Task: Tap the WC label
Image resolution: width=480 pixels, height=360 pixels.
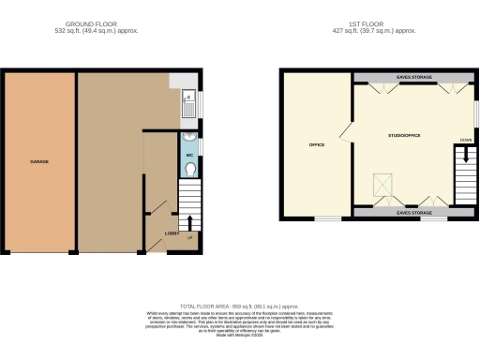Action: click(x=188, y=154)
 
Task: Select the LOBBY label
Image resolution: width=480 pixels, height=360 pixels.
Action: click(x=171, y=232)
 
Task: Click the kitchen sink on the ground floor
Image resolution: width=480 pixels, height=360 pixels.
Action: click(x=187, y=101)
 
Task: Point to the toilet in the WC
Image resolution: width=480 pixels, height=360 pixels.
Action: click(x=189, y=170)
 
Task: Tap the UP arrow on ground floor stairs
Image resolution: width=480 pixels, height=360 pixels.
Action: click(x=190, y=222)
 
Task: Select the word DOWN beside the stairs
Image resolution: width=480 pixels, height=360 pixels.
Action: click(x=465, y=142)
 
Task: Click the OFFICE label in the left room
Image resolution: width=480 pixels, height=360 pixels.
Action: click(x=316, y=145)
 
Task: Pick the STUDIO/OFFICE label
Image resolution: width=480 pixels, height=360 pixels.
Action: click(x=404, y=136)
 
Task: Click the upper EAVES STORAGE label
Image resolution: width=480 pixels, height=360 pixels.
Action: click(x=413, y=75)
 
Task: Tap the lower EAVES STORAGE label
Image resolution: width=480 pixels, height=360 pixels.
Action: click(x=413, y=213)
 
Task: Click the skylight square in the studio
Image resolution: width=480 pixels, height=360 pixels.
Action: click(x=382, y=184)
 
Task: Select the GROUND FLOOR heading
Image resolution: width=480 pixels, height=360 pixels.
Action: click(x=91, y=23)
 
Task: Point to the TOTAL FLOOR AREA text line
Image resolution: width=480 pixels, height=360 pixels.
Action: click(x=238, y=306)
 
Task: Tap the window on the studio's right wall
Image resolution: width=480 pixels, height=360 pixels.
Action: click(x=474, y=112)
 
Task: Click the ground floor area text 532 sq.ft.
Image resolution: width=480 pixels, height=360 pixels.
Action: click(x=91, y=30)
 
